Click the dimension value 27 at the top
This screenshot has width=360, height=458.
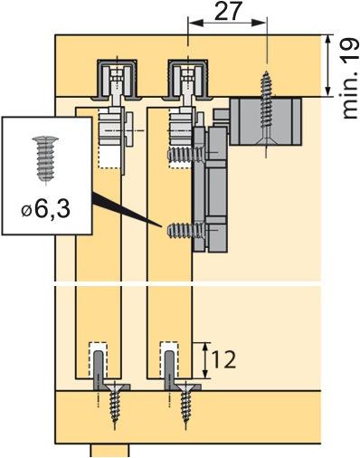click(227, 12)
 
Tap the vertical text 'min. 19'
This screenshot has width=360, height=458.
click(348, 76)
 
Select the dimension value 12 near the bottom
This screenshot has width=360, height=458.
click(223, 359)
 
